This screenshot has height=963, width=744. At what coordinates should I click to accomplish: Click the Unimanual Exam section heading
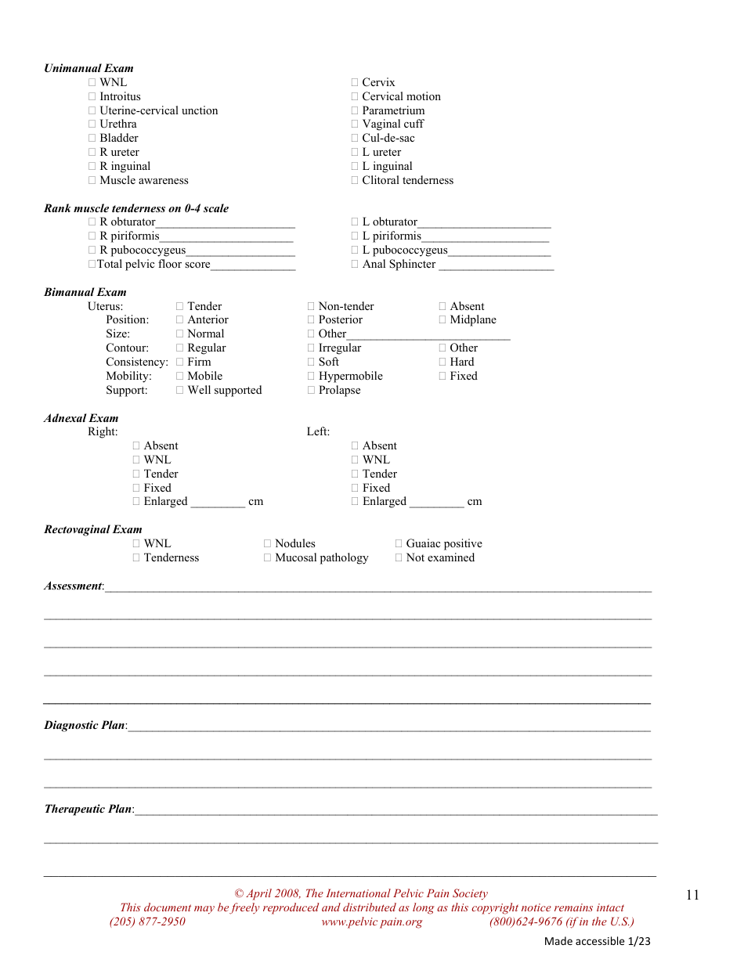click(x=88, y=68)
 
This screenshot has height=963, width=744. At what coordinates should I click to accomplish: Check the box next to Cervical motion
click(x=355, y=96)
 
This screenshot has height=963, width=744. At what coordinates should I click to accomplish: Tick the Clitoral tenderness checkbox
click(x=355, y=180)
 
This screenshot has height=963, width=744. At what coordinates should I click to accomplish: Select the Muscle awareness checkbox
click(x=92, y=180)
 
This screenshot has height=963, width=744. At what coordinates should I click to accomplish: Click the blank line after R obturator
click(x=225, y=223)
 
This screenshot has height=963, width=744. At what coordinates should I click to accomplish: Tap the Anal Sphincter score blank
click(x=496, y=265)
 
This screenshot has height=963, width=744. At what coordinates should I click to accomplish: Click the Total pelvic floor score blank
click(x=253, y=265)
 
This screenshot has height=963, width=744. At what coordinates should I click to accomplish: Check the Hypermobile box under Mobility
click(x=312, y=376)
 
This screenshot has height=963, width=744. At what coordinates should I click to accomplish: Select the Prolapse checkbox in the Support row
click(x=312, y=390)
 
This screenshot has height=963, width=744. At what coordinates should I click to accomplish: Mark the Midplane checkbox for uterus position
click(x=442, y=319)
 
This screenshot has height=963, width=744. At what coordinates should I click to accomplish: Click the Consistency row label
click(x=137, y=362)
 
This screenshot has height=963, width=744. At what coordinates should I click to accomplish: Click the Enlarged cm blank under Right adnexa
click(x=218, y=503)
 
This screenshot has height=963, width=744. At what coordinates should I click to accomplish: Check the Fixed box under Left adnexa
click(x=355, y=488)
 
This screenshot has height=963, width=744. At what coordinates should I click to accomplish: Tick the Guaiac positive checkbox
click(x=399, y=543)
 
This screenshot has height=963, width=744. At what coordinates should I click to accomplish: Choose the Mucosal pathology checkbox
click(x=268, y=557)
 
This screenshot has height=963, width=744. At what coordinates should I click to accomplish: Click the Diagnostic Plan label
click(x=85, y=725)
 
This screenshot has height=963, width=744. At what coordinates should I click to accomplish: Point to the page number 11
click(x=692, y=896)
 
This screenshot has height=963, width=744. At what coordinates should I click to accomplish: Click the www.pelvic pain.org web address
click(x=371, y=922)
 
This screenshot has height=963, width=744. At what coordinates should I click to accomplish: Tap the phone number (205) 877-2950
click(x=147, y=922)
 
